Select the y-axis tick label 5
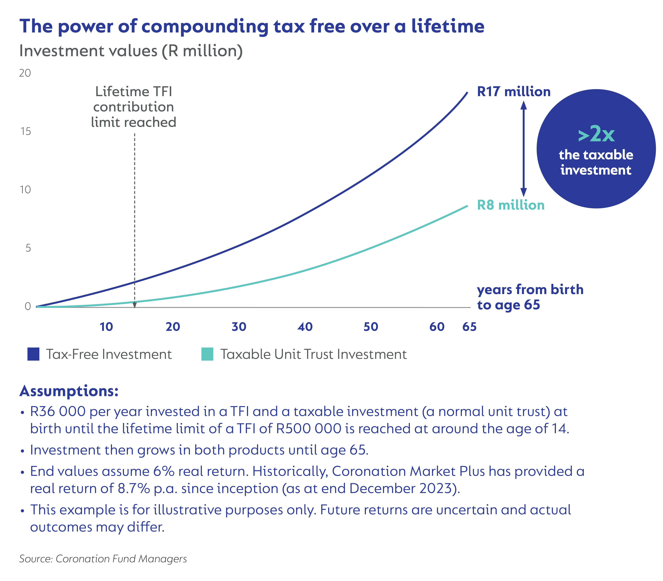[x=28, y=248]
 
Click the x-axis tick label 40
[x=305, y=327]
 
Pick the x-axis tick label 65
[x=469, y=327]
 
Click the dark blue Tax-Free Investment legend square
[x=33, y=354]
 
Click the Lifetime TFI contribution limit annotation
[x=134, y=107]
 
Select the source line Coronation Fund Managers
[x=103, y=559]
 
